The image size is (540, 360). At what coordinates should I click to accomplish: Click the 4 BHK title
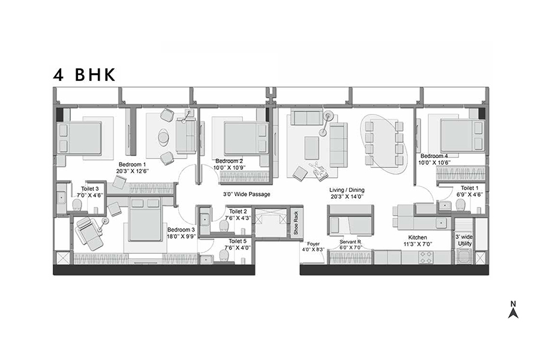click(84, 75)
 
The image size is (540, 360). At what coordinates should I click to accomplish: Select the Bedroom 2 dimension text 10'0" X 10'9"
click(229, 168)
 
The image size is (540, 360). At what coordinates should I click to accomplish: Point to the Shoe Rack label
click(296, 223)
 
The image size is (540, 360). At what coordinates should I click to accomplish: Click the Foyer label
click(313, 244)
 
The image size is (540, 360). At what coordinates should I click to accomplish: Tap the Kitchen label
click(418, 238)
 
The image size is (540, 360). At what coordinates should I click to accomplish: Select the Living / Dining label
click(347, 190)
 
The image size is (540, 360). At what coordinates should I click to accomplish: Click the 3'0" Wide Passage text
click(246, 194)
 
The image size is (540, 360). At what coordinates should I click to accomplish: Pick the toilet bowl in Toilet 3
click(77, 205)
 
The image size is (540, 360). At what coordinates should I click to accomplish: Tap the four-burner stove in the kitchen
click(425, 257)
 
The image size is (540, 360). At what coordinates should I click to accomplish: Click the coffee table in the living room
click(311, 148)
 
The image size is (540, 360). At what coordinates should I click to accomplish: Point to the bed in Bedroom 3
click(145, 220)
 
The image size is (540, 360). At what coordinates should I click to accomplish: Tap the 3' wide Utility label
click(464, 240)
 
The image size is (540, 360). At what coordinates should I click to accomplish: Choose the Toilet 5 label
click(238, 241)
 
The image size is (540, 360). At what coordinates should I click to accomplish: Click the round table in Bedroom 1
click(163, 137)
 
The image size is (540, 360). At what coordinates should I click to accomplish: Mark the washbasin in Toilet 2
click(204, 219)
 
